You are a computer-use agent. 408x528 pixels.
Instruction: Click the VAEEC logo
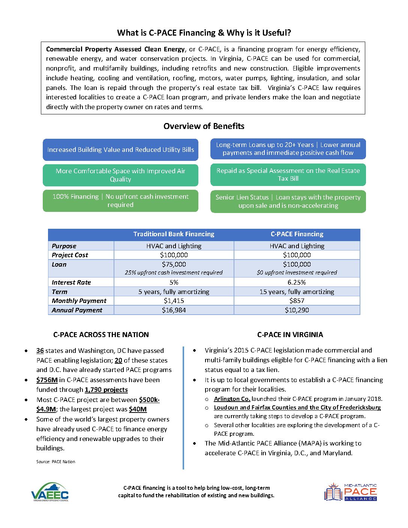coord(50,492)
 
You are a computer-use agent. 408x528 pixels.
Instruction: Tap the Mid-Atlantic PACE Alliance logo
coord(351,492)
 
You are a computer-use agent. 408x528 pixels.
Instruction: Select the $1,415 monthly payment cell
coord(174,301)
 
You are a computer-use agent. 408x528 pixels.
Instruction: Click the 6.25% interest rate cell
coord(297,282)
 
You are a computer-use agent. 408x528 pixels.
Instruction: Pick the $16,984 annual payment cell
coord(174,310)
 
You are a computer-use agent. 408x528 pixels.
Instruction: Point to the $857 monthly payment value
coord(297,301)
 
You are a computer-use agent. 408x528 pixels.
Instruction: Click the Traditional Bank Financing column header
coord(174,234)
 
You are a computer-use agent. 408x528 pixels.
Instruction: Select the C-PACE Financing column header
coord(297,234)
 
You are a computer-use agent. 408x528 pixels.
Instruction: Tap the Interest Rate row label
coord(71,282)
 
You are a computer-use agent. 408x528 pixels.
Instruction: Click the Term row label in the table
coord(60,292)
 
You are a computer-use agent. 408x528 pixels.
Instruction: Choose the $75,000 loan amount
coord(174,264)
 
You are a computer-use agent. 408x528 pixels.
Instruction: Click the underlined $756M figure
coord(47,380)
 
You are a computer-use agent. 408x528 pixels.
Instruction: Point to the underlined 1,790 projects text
coord(106,390)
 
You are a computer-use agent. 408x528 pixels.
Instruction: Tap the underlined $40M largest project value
coord(138,409)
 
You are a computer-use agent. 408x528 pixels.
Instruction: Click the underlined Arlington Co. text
coord(232,399)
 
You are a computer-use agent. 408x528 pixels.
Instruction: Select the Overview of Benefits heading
coord(204,126)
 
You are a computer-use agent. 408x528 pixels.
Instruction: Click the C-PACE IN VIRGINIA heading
coord(290,334)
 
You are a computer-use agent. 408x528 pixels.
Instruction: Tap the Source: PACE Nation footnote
coord(55,462)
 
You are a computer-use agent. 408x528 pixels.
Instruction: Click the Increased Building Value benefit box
coord(120,150)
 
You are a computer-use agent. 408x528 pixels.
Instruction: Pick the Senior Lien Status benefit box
coord(288,201)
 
